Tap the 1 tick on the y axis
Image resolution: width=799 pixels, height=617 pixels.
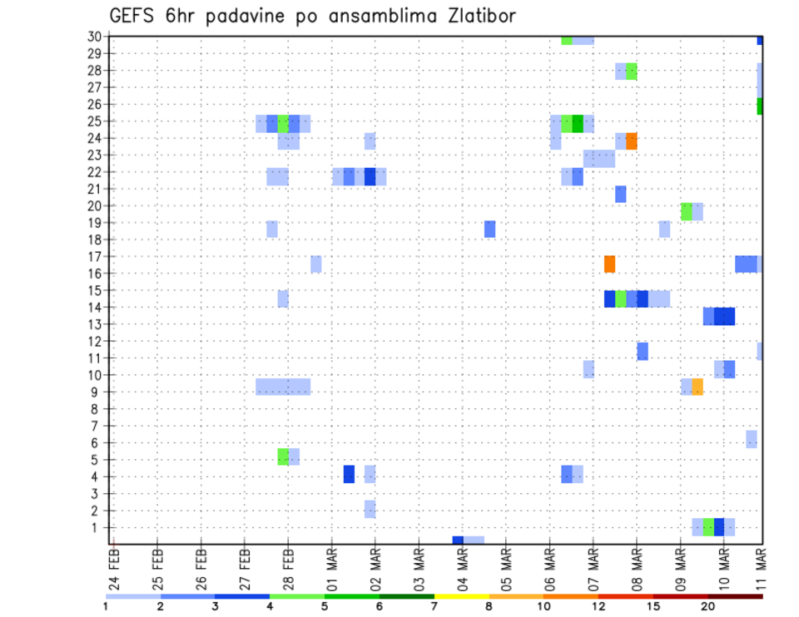pos(97,527)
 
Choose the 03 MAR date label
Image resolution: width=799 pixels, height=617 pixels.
pos(419,568)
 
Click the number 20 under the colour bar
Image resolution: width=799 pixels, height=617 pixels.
pos(707,606)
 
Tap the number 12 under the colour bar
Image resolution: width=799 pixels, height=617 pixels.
pos(598,606)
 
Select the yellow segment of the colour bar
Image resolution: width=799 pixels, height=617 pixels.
pos(461,595)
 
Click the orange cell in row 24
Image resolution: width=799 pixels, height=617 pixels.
pos(632,141)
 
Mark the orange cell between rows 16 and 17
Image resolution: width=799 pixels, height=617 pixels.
pos(610,264)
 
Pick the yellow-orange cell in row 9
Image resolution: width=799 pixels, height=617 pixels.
pos(697,387)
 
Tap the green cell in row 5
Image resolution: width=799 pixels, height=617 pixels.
pos(283,457)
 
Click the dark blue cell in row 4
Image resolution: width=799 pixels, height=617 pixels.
pos(349,474)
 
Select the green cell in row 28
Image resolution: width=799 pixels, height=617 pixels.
pos(632,72)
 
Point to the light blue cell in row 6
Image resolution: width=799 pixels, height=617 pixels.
pos(752,438)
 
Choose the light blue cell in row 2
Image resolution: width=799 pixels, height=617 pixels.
pos(370,509)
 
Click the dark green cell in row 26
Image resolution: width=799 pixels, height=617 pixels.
pos(760,106)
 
